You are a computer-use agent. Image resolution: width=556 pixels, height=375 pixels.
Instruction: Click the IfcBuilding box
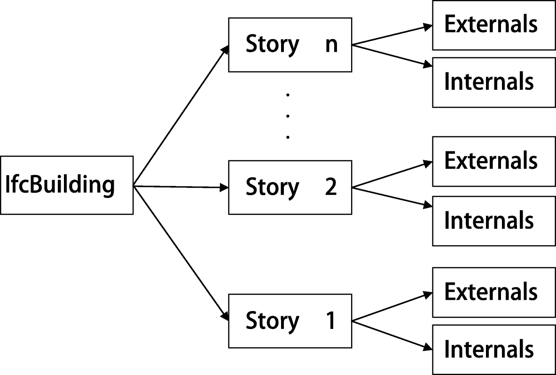coord(66,185)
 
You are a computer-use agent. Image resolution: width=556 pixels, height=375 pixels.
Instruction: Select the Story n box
coord(290,45)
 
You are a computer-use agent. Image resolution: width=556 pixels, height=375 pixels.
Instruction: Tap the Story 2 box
coord(290,187)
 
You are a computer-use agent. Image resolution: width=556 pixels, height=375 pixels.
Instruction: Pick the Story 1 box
coord(290,321)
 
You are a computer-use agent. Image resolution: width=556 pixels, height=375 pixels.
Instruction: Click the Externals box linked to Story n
coord(493,24)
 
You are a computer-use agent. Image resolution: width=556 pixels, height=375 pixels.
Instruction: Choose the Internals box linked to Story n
coord(493,82)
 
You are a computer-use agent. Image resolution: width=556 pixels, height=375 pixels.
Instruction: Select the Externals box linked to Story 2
coord(493,161)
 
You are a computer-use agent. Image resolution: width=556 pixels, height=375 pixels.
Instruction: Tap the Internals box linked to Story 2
coord(493,220)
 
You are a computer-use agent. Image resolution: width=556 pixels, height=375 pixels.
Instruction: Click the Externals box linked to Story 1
coord(493,292)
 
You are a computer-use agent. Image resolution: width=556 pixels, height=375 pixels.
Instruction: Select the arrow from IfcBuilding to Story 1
coord(181,254)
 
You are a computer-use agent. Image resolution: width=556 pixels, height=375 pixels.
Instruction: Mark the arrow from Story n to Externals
coord(392,35)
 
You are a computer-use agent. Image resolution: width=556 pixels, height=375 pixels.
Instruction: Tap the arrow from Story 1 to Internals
coord(392,335)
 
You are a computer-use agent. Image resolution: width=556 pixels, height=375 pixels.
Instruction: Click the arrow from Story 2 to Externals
coord(392,175)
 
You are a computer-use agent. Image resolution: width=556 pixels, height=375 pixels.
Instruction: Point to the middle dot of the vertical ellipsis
coord(288,116)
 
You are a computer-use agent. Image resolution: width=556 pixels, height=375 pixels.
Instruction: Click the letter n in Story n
coord(331,45)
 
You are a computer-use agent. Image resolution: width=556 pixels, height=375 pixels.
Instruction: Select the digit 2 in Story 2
coord(330,187)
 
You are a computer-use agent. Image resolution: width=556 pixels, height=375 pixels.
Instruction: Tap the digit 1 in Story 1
coord(330,321)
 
